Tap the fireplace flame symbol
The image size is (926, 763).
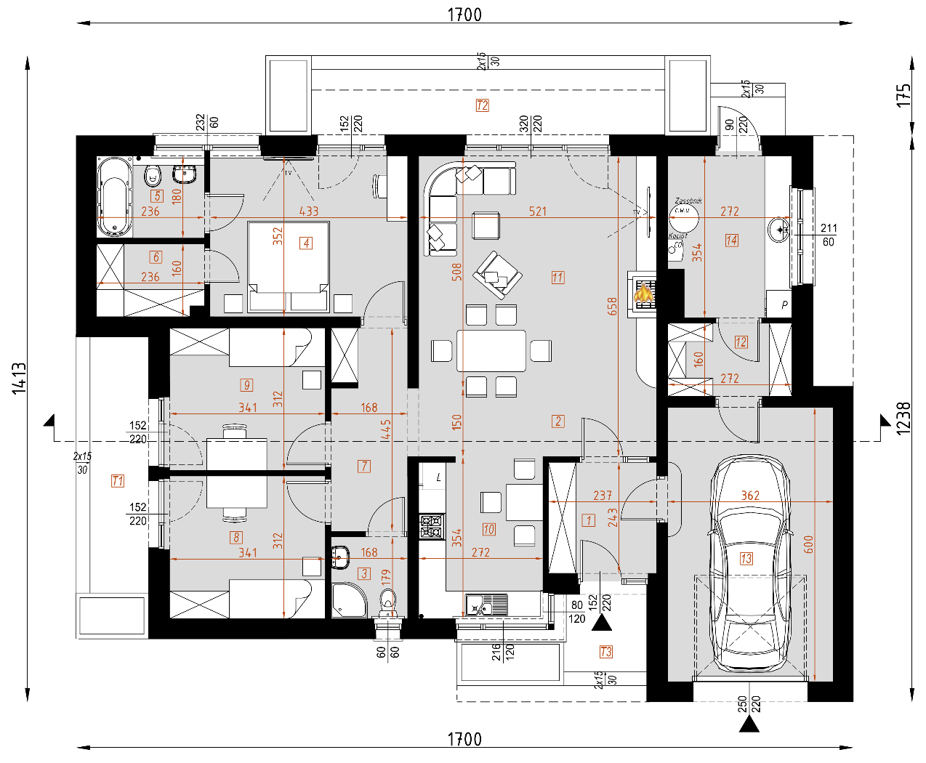pyautogui.click(x=643, y=293)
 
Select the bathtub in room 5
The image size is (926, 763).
pyautogui.click(x=115, y=197)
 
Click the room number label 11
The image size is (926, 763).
pyautogui.click(x=557, y=278)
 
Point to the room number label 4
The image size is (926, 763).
pyautogui.click(x=306, y=243)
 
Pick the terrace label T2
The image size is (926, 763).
pyautogui.click(x=482, y=105)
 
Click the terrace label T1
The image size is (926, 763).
pyautogui.click(x=118, y=480)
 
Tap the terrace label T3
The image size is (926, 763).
pyautogui.click(x=605, y=652)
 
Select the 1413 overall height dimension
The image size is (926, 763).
pyautogui.click(x=19, y=379)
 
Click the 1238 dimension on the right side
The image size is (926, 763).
pyautogui.click(x=903, y=419)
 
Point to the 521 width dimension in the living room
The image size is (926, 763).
pyautogui.click(x=538, y=211)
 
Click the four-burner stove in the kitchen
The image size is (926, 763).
pyautogui.click(x=432, y=526)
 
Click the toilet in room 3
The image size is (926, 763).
pyautogui.click(x=388, y=602)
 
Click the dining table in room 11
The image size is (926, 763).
pyautogui.click(x=491, y=351)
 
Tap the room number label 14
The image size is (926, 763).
pyautogui.click(x=731, y=241)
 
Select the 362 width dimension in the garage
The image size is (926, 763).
pyautogui.click(x=750, y=496)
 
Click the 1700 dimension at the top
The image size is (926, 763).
pyautogui.click(x=464, y=15)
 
